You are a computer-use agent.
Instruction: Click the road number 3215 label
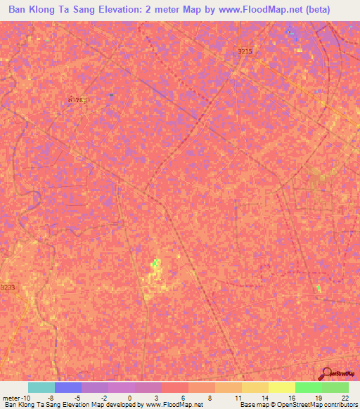pyautogui.click(x=245, y=52)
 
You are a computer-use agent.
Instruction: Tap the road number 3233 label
pyautogui.click(x=8, y=287)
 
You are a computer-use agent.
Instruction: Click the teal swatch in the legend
pyautogui.click(x=41, y=387)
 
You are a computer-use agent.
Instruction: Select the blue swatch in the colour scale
pyautogui.click(x=68, y=387)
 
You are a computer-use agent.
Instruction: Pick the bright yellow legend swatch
pyautogui.click(x=282, y=387)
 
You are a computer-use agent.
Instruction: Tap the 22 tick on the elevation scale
pyautogui.click(x=344, y=397)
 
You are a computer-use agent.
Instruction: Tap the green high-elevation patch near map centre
pyautogui.click(x=155, y=266)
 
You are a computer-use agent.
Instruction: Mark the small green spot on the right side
pyautogui.click(x=319, y=288)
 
